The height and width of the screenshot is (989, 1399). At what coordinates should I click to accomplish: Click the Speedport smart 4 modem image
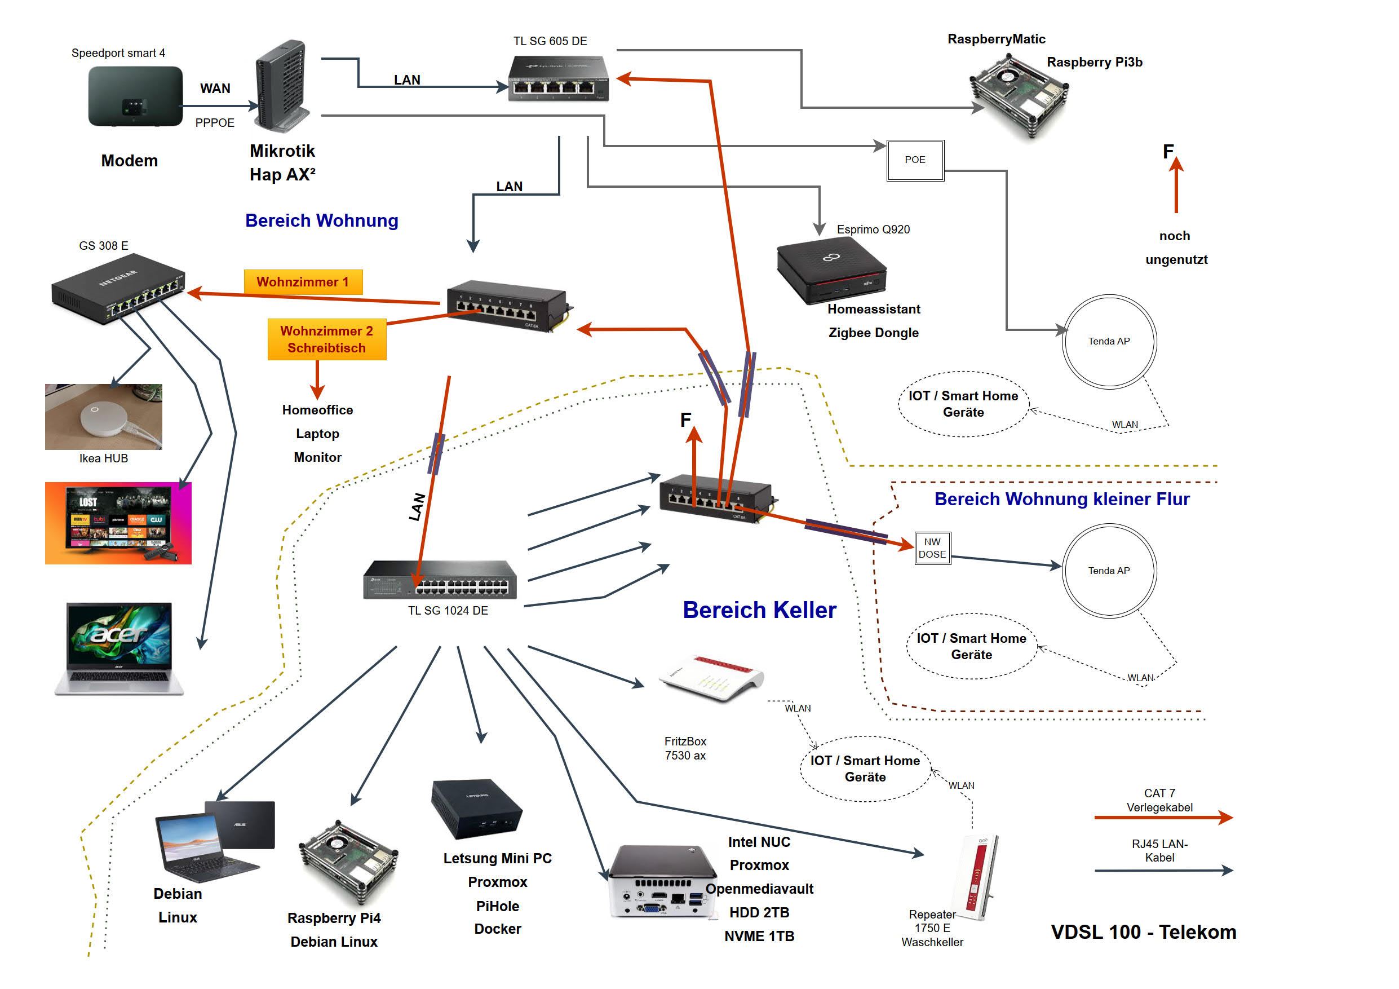coord(135,96)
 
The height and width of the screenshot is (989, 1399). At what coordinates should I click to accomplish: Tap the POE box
coord(915,160)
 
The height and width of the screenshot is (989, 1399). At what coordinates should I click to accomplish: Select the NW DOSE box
coord(932,549)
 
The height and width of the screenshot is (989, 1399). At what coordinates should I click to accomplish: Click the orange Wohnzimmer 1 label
coord(303,282)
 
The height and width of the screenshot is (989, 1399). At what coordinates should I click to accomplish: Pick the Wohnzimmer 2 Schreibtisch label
coord(326,339)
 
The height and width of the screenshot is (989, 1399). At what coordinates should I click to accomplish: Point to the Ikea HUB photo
coord(104,417)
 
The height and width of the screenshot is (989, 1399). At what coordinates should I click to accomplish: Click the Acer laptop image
coord(119,648)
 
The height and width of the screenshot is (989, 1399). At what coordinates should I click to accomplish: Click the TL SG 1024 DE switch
coord(440,580)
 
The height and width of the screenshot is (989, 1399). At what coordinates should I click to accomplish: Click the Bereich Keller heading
coord(759,611)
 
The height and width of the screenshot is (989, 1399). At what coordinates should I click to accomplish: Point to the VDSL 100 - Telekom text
coord(1143,932)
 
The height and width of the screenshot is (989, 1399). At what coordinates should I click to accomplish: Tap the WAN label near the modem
coord(215,89)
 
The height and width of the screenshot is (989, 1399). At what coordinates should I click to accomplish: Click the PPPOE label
coord(215,123)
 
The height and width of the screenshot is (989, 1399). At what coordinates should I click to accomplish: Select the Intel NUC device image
coord(662,881)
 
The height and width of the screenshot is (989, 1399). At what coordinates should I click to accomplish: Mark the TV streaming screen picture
coord(118,523)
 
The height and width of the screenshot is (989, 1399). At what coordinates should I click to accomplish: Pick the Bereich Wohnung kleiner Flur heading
coord(1061,500)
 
